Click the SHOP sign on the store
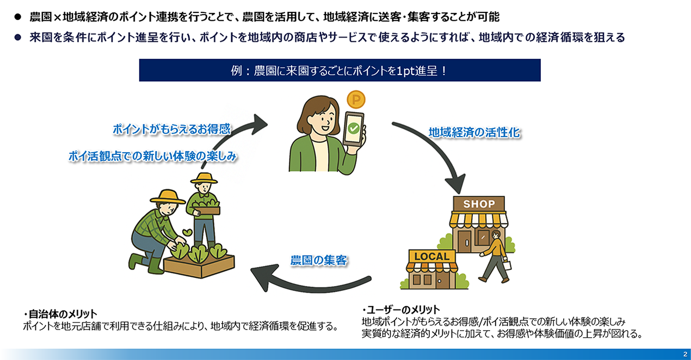[479, 204]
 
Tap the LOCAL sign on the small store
[431, 257]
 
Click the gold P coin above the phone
[356, 100]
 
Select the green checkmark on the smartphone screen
[354, 129]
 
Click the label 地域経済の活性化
[474, 132]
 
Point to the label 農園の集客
[319, 260]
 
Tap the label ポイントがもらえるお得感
[172, 129]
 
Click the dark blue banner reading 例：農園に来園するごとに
[340, 71]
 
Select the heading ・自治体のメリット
[60, 314]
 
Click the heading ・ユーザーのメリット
[400, 310]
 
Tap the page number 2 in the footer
[684, 354]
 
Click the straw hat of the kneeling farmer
[167, 196]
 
